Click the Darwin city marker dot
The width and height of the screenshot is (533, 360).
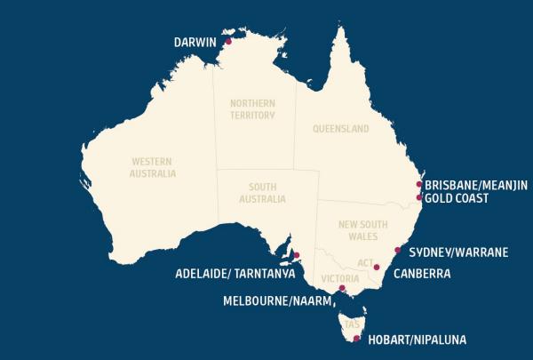click(x=228, y=41)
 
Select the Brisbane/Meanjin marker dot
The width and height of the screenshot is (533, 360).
click(x=419, y=184)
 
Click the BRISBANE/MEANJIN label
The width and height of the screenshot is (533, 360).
click(x=476, y=185)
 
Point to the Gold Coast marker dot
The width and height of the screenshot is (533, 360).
click(x=419, y=197)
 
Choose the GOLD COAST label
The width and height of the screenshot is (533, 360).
click(x=457, y=198)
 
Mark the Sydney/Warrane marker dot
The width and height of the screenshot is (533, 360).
click(x=397, y=250)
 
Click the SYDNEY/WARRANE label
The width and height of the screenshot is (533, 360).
click(x=458, y=252)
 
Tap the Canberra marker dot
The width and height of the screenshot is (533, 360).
click(x=377, y=267)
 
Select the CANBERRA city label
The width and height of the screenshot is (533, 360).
click(x=422, y=274)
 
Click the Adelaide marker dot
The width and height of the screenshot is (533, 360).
click(x=298, y=255)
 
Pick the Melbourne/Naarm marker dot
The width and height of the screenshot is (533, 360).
click(x=343, y=288)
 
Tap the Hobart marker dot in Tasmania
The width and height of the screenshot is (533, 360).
click(x=357, y=339)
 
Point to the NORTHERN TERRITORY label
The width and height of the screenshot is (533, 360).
click(x=253, y=109)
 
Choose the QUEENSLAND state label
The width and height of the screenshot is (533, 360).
click(x=340, y=129)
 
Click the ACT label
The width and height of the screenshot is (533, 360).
click(x=362, y=264)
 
